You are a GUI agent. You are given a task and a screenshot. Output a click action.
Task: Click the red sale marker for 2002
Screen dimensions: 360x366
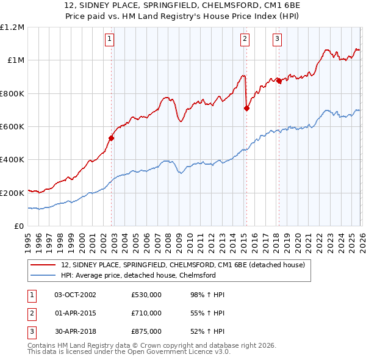click(112, 138)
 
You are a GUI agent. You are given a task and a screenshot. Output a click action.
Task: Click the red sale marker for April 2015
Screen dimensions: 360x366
click(246, 109)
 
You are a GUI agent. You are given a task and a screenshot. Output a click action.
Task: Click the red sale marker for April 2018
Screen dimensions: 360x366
click(279, 81)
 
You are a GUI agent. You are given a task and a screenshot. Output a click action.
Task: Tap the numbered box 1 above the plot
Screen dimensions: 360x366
click(109, 40)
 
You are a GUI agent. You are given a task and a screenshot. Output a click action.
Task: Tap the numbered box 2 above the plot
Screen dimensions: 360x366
click(245, 40)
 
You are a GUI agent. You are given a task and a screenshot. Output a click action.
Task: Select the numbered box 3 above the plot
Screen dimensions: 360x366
click(277, 40)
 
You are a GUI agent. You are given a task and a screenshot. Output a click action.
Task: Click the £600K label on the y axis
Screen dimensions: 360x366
click(12, 127)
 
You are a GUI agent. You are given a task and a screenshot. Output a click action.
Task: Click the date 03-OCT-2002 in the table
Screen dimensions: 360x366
click(75, 295)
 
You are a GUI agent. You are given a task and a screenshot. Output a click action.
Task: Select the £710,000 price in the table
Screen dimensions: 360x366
click(146, 313)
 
